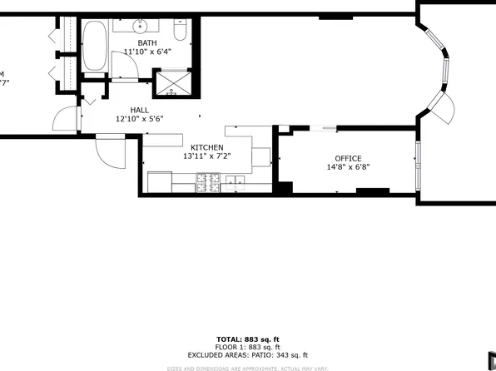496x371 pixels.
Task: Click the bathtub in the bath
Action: point(94,48)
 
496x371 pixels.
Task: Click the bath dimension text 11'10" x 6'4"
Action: point(146,52)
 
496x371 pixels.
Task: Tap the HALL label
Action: point(140,110)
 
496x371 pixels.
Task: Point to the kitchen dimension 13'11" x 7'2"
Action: point(206,156)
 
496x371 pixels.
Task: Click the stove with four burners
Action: point(208,183)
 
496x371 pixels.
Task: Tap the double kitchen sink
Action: point(234,183)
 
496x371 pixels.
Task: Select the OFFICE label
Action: point(348,158)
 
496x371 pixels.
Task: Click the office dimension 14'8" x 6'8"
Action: point(348,167)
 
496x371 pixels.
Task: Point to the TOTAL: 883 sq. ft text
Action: point(247,339)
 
